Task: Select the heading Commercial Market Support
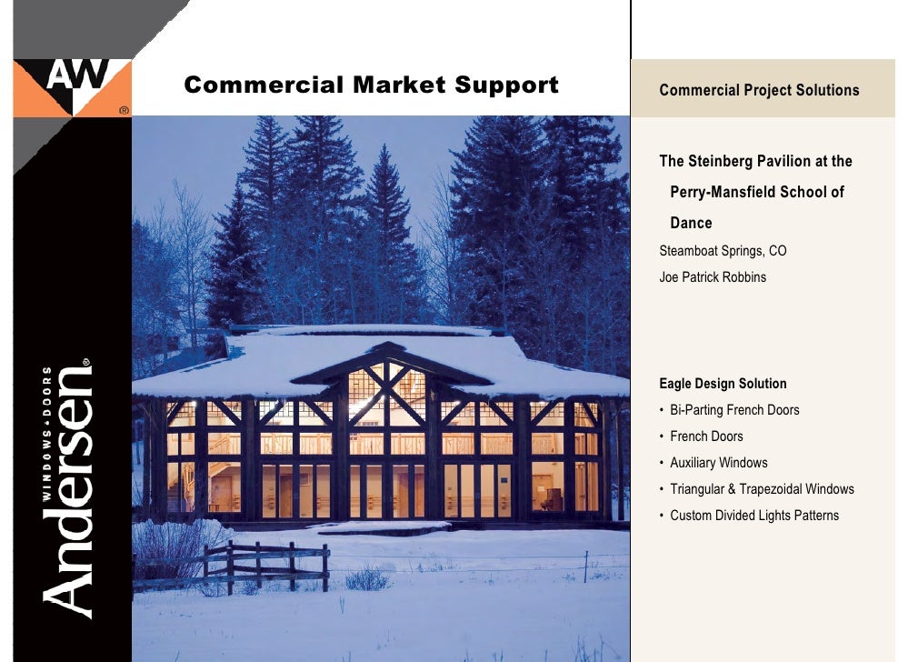[x=371, y=86]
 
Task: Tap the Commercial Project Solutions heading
[x=759, y=90]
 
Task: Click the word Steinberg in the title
[x=726, y=162]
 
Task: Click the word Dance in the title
[x=691, y=223]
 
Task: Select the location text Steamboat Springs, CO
[x=723, y=251]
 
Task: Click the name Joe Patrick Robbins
[x=713, y=277]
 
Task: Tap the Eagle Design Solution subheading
[x=723, y=384]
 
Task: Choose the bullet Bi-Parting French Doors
[x=734, y=410]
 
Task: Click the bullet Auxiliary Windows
[x=718, y=463]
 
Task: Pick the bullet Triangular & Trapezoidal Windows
[x=762, y=489]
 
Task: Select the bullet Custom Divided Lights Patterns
[x=754, y=516]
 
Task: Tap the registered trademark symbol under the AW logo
[x=124, y=110]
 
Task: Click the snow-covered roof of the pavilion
[x=273, y=359]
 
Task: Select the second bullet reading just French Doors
[x=706, y=436]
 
